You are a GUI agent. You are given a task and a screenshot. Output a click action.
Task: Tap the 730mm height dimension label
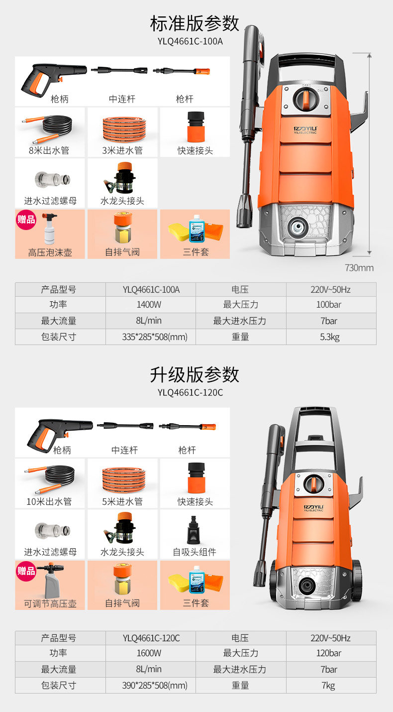pyautogui.click(x=359, y=268)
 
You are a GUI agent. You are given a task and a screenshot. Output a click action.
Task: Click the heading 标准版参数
pyautogui.click(x=195, y=23)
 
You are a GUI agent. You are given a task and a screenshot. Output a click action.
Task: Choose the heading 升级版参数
pyautogui.click(x=195, y=374)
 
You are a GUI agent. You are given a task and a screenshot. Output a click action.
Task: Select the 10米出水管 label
pyautogui.click(x=49, y=501)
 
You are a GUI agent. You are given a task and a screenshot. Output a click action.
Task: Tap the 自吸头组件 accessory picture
pyautogui.click(x=195, y=529)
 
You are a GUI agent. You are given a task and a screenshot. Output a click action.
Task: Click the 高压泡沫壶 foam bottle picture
pyautogui.click(x=50, y=229)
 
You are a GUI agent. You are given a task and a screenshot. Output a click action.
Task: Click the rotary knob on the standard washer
pyautogui.click(x=304, y=98)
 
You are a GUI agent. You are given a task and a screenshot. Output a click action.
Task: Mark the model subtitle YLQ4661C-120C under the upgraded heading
pyautogui.click(x=190, y=392)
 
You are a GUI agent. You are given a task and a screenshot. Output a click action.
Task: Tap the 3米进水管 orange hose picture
pyautogui.click(x=121, y=128)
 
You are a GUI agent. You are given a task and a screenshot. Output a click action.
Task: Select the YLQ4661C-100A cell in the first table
pyautogui.click(x=151, y=289)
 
